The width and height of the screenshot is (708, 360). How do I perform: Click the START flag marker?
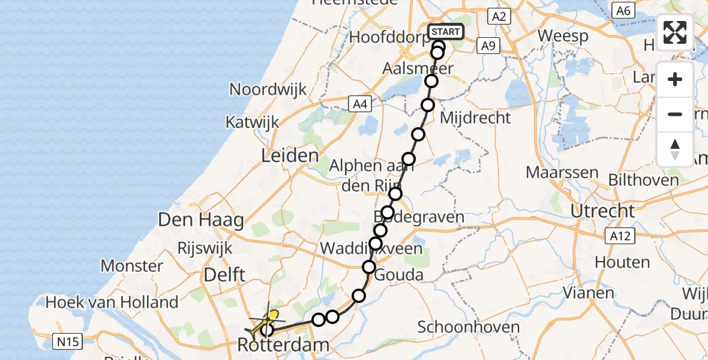pyautogui.click(x=446, y=32)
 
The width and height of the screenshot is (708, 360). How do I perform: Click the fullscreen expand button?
pyautogui.click(x=675, y=32)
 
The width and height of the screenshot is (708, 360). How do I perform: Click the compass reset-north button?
pyautogui.click(x=675, y=149)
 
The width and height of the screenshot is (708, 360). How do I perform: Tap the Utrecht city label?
pyautogui.click(x=602, y=211)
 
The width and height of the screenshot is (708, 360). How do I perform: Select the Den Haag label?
pyautogui.click(x=201, y=220)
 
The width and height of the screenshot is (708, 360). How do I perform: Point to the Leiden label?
pyautogui.click(x=290, y=156)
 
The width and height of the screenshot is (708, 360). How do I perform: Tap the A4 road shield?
pyautogui.click(x=359, y=105)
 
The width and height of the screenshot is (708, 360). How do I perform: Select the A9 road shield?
pyautogui.click(x=488, y=45)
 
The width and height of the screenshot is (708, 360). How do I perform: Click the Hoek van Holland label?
pyautogui.click(x=114, y=302)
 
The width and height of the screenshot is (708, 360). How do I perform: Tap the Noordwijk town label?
pyautogui.click(x=268, y=89)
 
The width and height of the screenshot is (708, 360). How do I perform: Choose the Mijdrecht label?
pyautogui.click(x=475, y=118)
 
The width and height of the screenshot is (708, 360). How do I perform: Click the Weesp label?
pyautogui.click(x=563, y=35)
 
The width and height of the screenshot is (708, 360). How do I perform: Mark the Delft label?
pyautogui.click(x=224, y=275)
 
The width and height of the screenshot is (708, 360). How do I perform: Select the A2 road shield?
pyautogui.click(x=499, y=16)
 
